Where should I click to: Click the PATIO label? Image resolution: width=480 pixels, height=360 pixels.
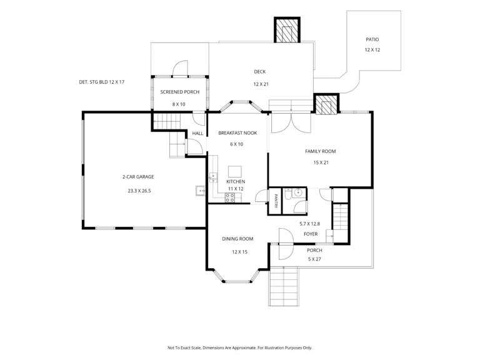372,39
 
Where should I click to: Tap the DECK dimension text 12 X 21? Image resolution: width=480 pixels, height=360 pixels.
261,84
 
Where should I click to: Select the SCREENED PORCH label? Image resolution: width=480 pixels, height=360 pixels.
180,92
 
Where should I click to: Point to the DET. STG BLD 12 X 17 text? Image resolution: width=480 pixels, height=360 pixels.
102,82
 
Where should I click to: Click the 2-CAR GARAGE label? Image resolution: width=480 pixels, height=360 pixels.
138,177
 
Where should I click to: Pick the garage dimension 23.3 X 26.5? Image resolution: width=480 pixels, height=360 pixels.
139,191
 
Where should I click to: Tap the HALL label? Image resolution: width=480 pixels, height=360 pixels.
197,134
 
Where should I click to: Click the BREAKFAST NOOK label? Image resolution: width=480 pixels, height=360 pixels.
237,133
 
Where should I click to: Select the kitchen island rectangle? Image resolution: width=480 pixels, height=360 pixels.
235,171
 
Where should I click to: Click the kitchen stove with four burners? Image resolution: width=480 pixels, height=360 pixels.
230,197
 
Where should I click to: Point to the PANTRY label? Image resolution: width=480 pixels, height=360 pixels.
276,201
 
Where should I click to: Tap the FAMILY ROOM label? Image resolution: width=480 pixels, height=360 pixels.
320,151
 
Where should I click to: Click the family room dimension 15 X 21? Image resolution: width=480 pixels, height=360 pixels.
321,162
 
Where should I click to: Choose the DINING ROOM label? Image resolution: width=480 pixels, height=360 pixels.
237,239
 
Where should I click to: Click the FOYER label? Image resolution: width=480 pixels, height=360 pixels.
311,234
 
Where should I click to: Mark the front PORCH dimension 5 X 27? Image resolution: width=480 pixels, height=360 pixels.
314,259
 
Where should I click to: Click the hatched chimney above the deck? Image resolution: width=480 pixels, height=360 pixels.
287,30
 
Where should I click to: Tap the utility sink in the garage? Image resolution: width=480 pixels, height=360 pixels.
201,191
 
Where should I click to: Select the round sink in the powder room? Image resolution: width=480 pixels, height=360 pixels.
297,193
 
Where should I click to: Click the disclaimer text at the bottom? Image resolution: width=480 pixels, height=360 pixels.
240,347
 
